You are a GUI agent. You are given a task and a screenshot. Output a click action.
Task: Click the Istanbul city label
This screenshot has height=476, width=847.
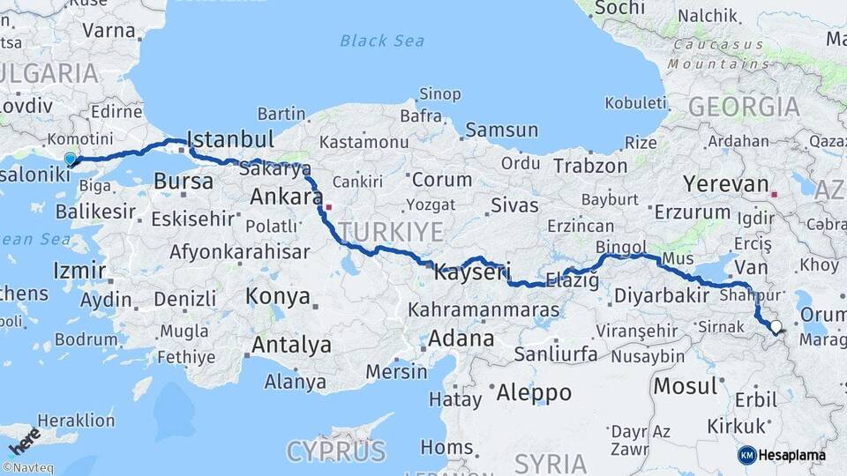click(x=231, y=139)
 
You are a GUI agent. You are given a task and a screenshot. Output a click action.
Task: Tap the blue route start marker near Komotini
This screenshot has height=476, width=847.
click(x=71, y=159)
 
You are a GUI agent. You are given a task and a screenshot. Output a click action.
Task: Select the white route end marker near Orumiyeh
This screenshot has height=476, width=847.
click(x=776, y=328)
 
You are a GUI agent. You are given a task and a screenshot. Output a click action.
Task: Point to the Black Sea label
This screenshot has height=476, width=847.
click(x=382, y=41)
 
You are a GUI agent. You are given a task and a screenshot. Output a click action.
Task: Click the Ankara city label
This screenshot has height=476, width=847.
click(x=286, y=196)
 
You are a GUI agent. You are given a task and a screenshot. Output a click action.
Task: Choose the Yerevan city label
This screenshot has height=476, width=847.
click(x=726, y=184)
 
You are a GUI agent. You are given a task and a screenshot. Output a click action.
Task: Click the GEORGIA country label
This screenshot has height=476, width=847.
click(x=744, y=107)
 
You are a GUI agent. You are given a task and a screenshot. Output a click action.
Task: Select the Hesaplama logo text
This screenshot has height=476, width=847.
click(x=791, y=455)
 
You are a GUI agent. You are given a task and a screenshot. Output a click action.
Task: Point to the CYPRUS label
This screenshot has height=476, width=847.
click(x=335, y=451)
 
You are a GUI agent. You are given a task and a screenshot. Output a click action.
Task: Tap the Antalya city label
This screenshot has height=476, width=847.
click(x=291, y=345)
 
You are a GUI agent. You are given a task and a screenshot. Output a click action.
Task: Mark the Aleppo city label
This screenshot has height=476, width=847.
click(x=534, y=392)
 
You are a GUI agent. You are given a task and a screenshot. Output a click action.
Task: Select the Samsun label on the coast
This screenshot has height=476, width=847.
click(x=501, y=130)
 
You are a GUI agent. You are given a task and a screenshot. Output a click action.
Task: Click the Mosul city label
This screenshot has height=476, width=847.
click(x=685, y=385)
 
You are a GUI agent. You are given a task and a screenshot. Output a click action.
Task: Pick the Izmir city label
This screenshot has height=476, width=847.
click(x=79, y=271)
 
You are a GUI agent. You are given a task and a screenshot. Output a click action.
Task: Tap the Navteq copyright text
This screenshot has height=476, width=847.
click(x=27, y=468)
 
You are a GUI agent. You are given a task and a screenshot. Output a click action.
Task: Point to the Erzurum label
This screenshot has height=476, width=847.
click(x=692, y=212)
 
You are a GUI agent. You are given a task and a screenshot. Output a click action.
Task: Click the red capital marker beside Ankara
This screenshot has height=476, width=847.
click(x=328, y=207)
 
